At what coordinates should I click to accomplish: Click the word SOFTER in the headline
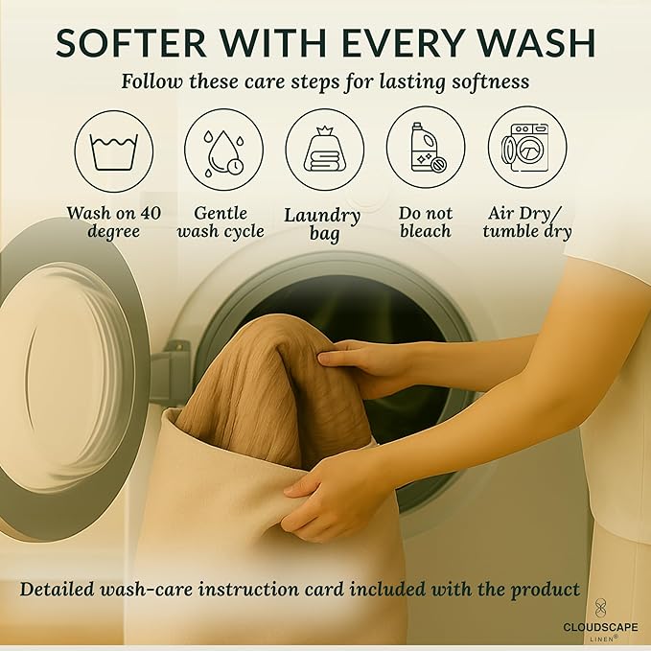(130, 43)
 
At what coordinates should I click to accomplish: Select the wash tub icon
(114, 151)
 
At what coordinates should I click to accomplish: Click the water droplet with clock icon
(223, 153)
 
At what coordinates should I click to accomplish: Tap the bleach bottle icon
(428, 148)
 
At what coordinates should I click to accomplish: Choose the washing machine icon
(525, 148)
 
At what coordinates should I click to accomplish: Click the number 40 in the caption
(151, 213)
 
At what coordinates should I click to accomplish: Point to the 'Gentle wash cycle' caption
(221, 222)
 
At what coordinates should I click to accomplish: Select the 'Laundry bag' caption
(322, 224)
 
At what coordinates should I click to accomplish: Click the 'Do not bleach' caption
(426, 222)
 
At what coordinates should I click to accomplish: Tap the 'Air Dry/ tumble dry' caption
(527, 222)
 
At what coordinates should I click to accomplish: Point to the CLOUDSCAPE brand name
(600, 627)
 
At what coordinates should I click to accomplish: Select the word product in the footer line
(546, 591)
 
